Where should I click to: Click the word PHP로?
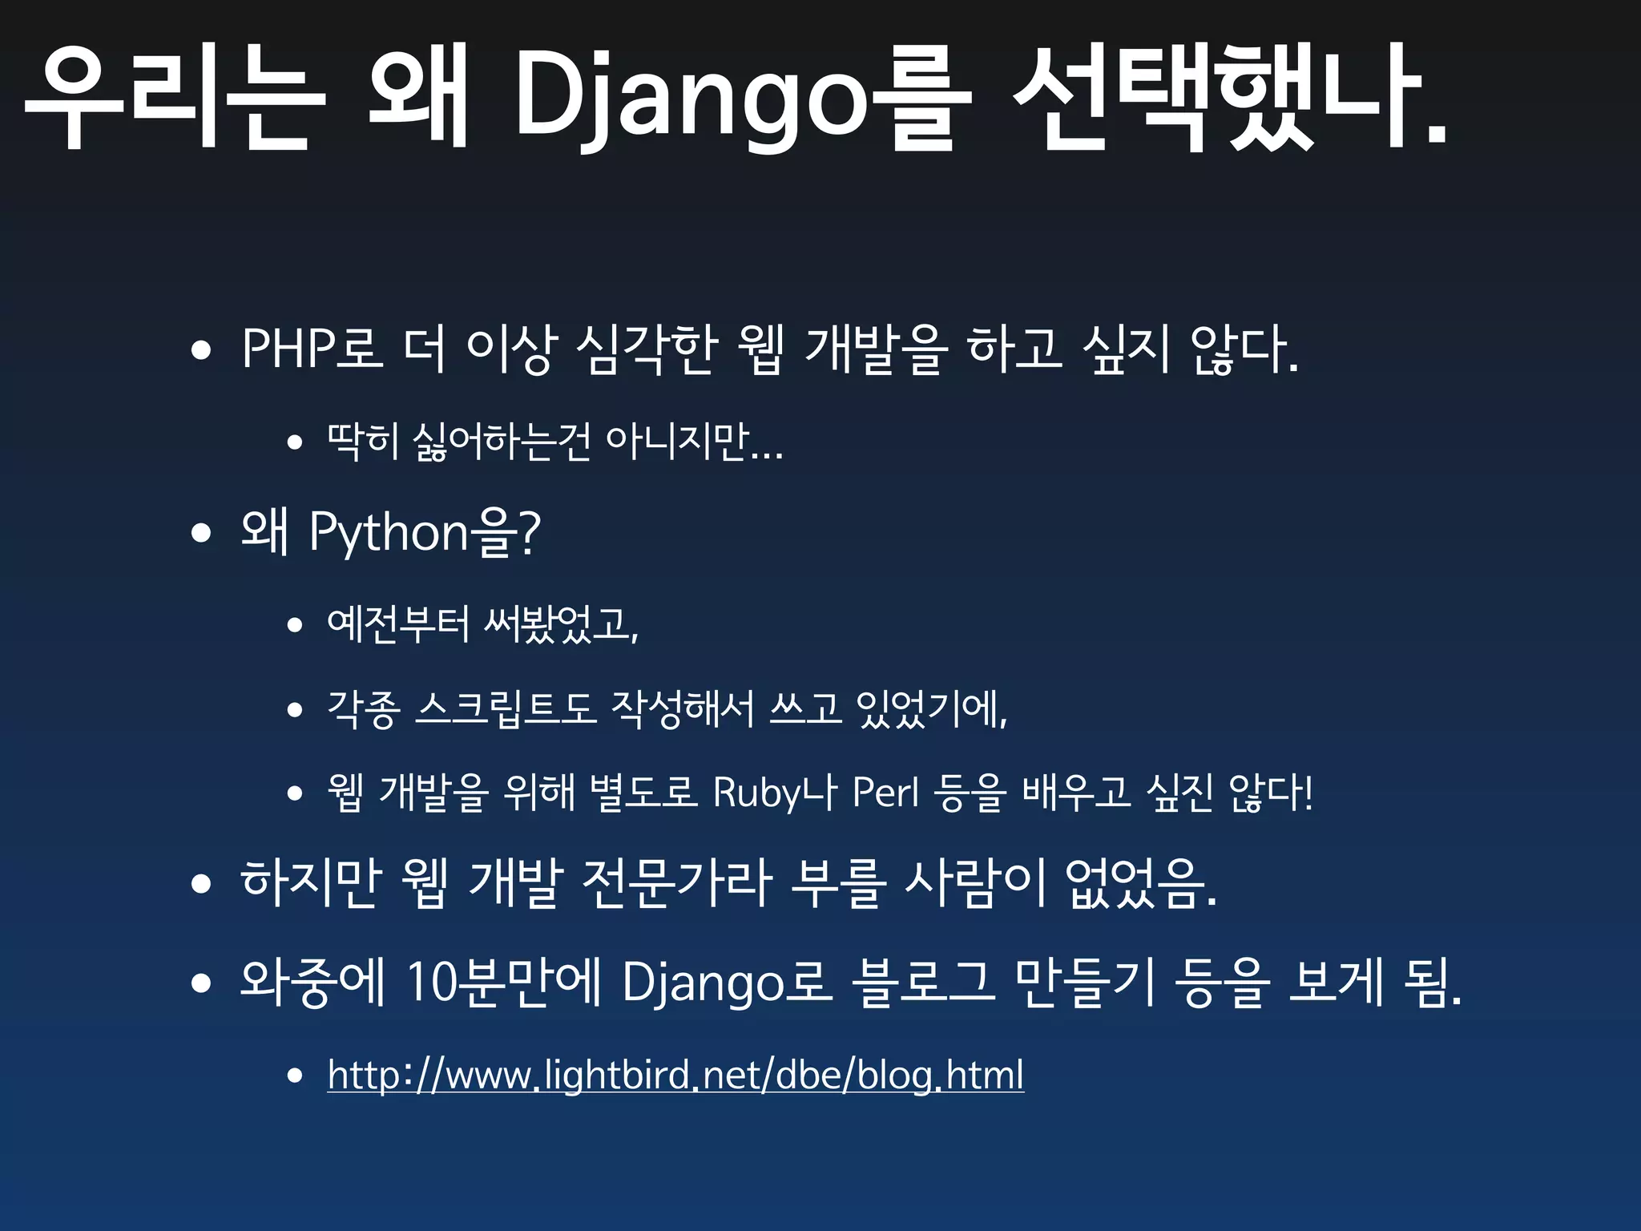(x=312, y=349)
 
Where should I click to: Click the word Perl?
(x=885, y=793)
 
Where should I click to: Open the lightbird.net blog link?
(x=675, y=1075)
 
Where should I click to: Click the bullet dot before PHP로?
(x=201, y=350)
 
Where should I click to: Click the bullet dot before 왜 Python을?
(x=201, y=533)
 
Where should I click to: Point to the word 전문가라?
(x=677, y=882)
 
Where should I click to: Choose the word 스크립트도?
(x=506, y=708)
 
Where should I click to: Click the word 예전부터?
(x=398, y=623)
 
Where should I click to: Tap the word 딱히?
(x=363, y=441)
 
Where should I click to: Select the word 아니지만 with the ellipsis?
(x=694, y=441)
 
